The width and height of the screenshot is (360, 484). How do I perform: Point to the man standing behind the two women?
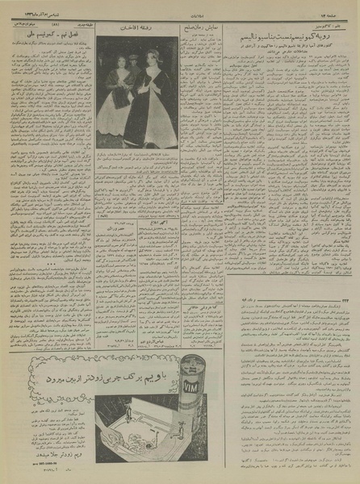(136, 58)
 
